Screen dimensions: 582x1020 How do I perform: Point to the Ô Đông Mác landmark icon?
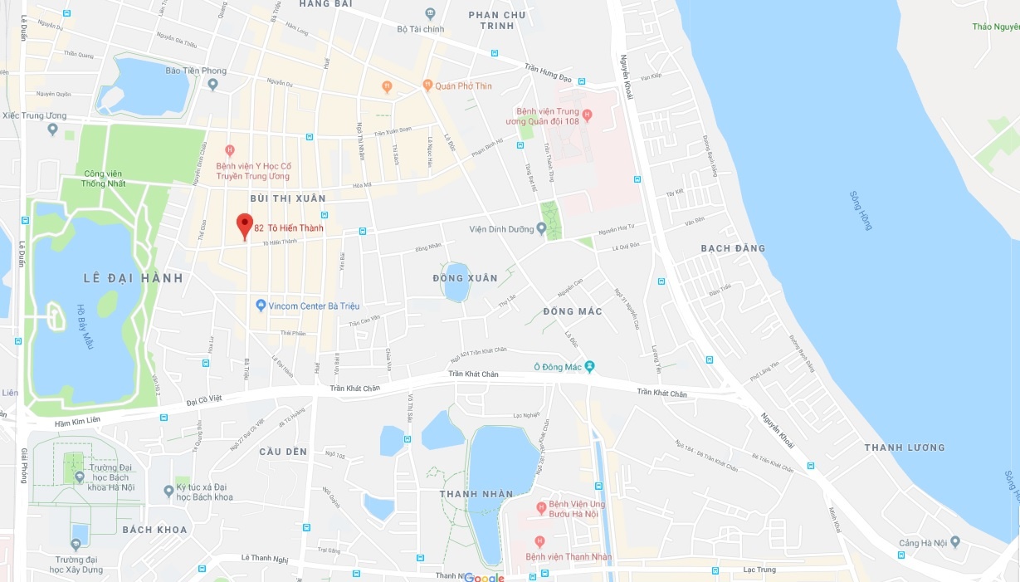(x=590, y=366)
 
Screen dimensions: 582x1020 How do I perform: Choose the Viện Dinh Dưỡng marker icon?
(x=541, y=229)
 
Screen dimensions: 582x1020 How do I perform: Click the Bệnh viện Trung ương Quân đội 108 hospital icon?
(x=588, y=115)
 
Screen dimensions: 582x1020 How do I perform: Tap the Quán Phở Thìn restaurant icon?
(x=427, y=85)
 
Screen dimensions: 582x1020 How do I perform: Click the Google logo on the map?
(x=484, y=577)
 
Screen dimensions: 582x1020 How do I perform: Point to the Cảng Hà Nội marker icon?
(x=954, y=542)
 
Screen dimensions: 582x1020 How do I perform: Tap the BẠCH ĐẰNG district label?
(x=733, y=248)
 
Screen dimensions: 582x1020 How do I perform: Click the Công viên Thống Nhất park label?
(x=104, y=178)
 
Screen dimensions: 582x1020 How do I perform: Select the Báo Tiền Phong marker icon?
(x=212, y=84)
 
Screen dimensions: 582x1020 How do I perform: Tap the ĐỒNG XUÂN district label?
(x=465, y=278)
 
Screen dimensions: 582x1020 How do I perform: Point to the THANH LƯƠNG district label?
(x=904, y=448)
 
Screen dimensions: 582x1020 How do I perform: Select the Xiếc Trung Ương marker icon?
(x=52, y=129)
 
